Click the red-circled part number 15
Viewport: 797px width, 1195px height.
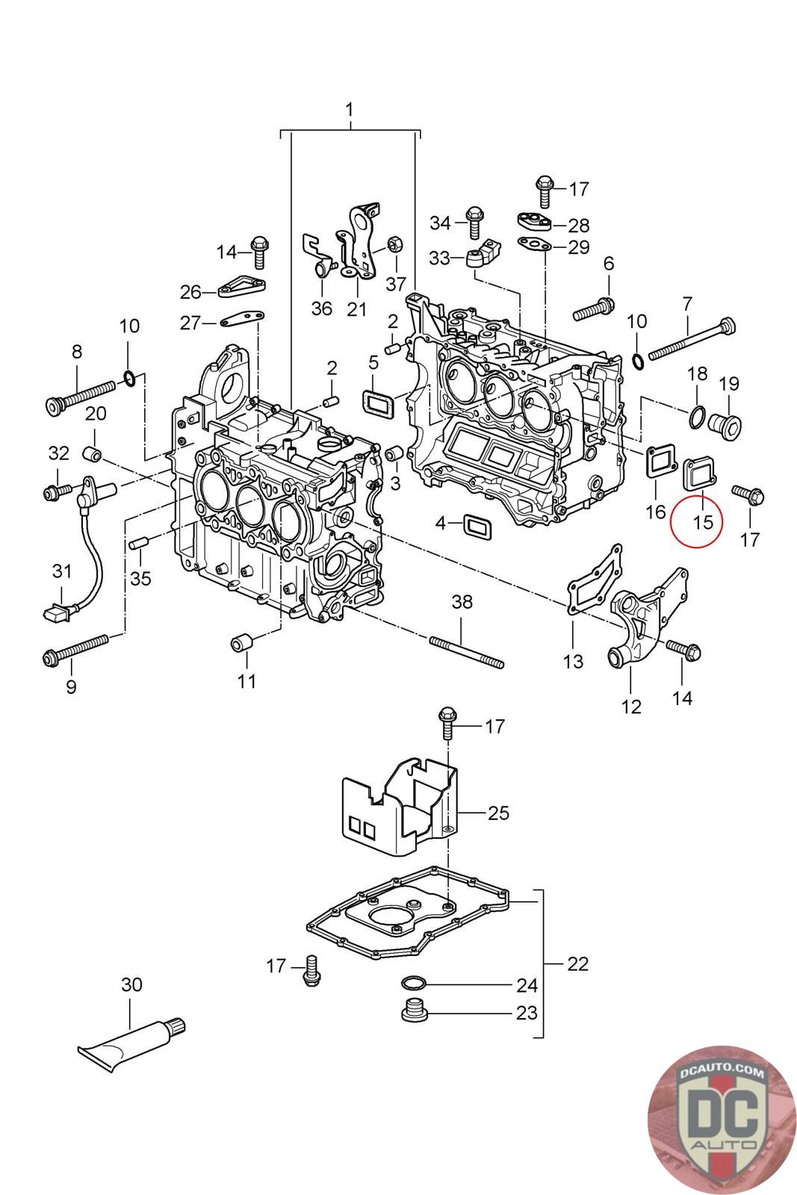point(703,521)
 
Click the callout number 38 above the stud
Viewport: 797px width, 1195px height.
point(462,602)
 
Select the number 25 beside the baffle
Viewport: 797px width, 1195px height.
point(498,813)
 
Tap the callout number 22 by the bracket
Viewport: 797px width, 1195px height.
point(577,963)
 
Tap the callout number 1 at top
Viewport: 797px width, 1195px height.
point(349,111)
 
